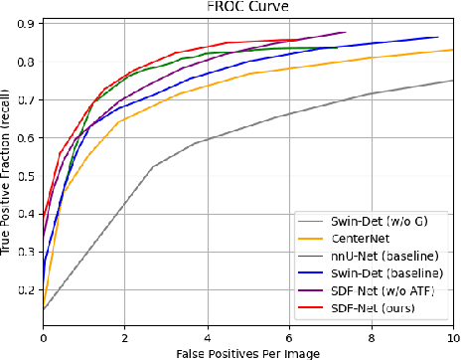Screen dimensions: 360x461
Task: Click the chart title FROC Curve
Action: pyautogui.click(x=248, y=7)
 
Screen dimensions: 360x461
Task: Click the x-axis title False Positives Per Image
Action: pyautogui.click(x=248, y=353)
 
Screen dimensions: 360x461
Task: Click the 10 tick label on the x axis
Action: pyautogui.click(x=452, y=339)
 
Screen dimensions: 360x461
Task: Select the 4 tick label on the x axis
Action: pyautogui.click(x=207, y=339)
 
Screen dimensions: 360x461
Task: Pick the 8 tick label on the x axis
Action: pyautogui.click(x=371, y=339)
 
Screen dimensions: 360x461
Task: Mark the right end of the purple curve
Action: pyautogui.click(x=345, y=32)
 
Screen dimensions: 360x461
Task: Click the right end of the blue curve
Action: pyautogui.click(x=438, y=37)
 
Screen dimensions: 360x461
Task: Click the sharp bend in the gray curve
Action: pyautogui.click(x=152, y=166)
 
